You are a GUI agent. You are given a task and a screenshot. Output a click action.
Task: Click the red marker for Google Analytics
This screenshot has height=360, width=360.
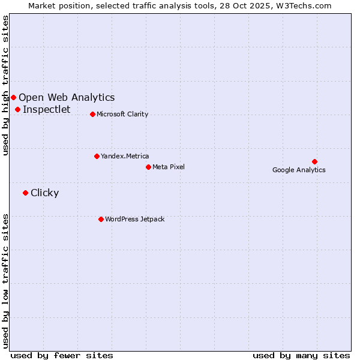[314, 161]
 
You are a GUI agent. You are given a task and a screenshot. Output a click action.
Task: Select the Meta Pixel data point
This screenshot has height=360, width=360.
[148, 167]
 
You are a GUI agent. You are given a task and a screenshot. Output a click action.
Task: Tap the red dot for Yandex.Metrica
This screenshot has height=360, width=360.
[97, 156]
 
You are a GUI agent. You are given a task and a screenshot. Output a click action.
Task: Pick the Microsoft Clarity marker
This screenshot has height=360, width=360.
[92, 114]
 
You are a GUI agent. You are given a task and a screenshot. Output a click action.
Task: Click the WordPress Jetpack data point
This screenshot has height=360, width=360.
[101, 219]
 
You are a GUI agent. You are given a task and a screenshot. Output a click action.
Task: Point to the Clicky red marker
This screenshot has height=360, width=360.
[25, 193]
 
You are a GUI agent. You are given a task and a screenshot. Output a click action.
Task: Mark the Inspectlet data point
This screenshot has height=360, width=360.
[18, 109]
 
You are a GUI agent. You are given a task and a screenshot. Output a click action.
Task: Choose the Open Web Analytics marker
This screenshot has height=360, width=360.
[13, 97]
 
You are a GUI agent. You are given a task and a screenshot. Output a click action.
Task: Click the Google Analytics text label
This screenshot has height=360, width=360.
[299, 170]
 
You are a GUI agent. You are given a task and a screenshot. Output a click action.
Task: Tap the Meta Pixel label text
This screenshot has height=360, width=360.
[169, 167]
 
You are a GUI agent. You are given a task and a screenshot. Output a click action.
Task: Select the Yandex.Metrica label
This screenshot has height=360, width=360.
[125, 156]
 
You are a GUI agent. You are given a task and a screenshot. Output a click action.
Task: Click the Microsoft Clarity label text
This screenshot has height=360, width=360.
[122, 114]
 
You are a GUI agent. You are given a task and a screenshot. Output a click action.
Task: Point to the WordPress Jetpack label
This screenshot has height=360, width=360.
[134, 219]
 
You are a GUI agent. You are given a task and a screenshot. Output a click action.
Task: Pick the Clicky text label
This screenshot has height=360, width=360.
[45, 193]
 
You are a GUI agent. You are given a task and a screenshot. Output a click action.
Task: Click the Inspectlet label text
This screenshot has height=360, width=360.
[47, 109]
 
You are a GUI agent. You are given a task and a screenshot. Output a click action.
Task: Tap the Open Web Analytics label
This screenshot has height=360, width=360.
[67, 97]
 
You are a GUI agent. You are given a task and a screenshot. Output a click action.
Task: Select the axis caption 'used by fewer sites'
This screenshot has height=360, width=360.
[62, 355]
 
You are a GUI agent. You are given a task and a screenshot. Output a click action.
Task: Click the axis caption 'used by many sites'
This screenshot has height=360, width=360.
[301, 355]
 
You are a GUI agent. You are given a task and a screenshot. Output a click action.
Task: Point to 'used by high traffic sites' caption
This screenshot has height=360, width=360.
[5, 85]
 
